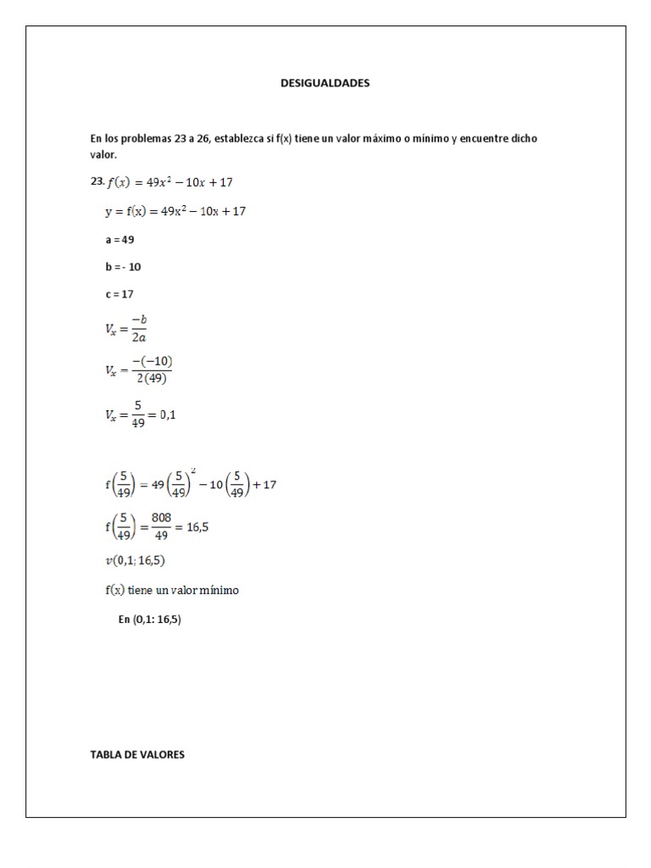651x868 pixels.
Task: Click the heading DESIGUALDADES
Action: point(325,83)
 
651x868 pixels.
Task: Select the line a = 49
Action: point(120,240)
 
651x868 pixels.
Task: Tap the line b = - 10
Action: point(123,267)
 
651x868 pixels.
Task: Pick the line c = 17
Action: point(120,294)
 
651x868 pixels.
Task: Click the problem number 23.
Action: point(96,181)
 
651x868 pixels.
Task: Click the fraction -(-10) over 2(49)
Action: point(153,370)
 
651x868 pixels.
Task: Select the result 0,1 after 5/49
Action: point(167,415)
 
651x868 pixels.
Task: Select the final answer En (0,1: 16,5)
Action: point(150,620)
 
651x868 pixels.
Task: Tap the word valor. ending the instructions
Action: point(103,155)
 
